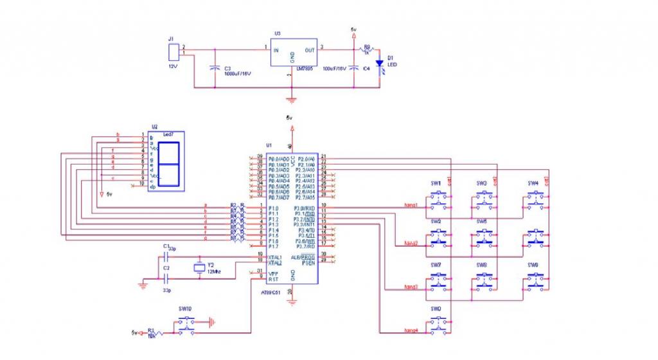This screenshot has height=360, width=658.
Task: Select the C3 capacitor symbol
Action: click(x=214, y=67)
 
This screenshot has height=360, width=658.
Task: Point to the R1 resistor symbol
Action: click(x=155, y=332)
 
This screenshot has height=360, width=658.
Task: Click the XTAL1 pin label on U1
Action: click(x=274, y=257)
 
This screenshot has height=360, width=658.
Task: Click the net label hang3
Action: click(x=411, y=287)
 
